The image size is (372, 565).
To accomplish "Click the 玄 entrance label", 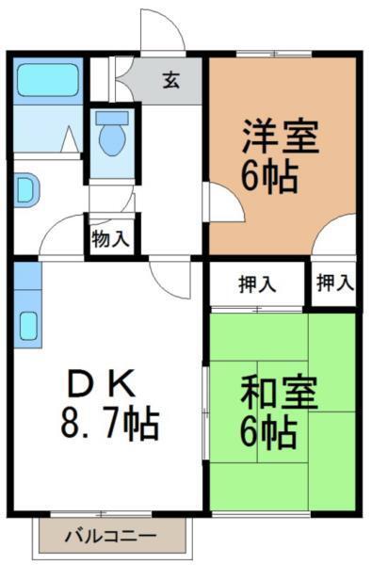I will [170, 80].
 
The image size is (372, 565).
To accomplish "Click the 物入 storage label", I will [111, 239].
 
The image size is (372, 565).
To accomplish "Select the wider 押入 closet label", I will [257, 282].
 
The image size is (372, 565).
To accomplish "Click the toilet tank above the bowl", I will [113, 118].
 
